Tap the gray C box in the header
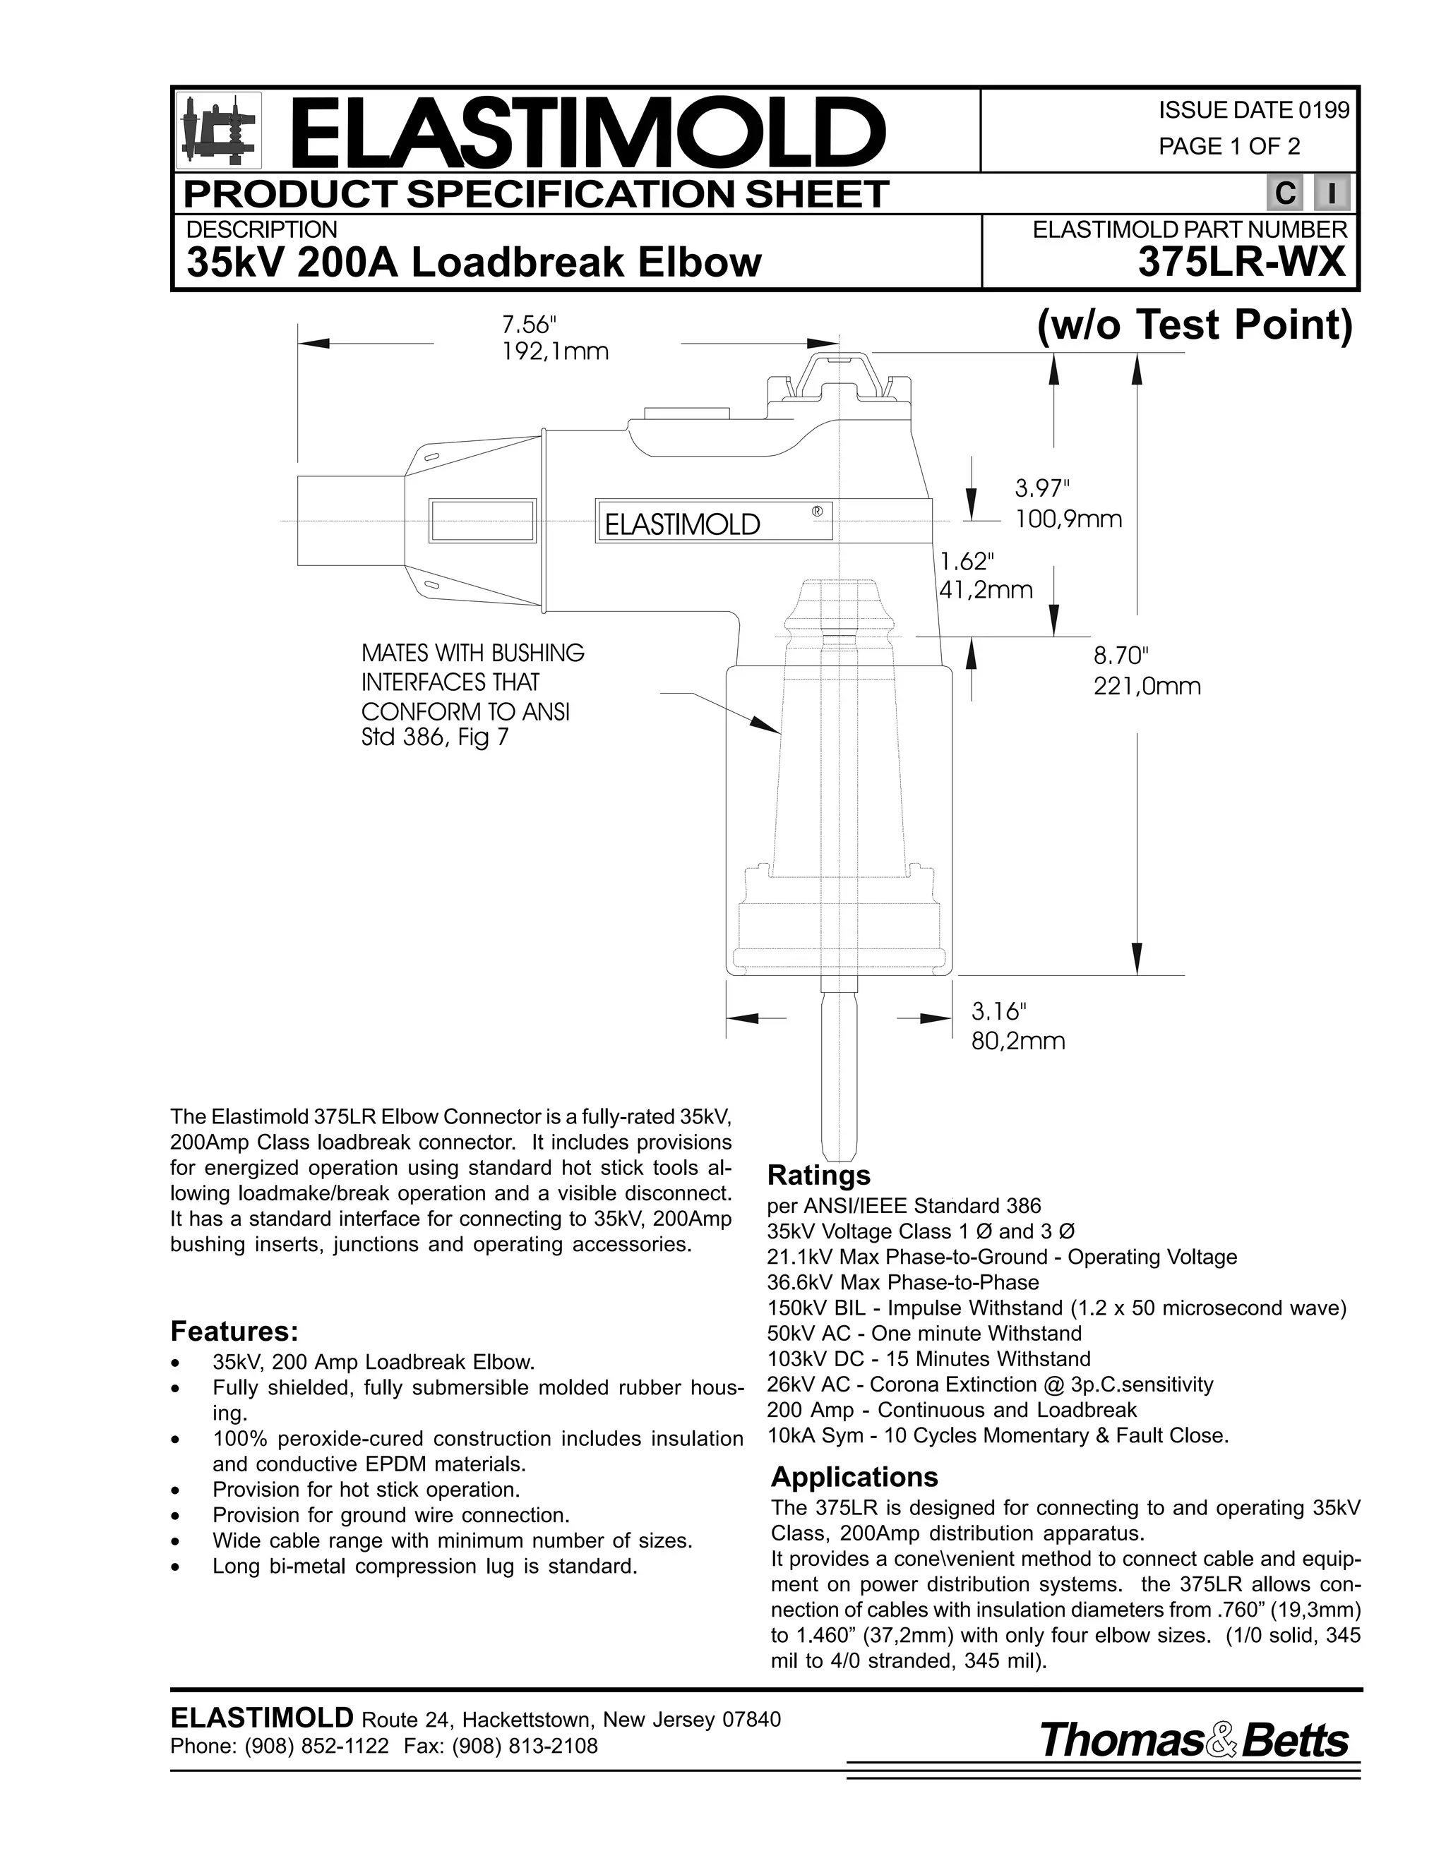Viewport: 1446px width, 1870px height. click(x=1285, y=194)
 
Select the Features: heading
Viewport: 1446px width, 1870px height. click(x=234, y=1332)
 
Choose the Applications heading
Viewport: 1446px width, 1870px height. click(x=854, y=1477)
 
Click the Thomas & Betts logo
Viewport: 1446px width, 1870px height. click(x=1193, y=1740)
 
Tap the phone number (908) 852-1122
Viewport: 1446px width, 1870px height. click(x=317, y=1746)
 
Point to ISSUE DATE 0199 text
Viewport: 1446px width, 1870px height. click(x=1253, y=111)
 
